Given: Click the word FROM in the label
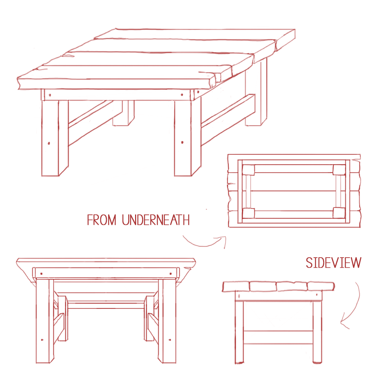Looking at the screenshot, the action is click(x=102, y=220).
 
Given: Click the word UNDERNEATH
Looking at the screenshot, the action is click(x=156, y=220).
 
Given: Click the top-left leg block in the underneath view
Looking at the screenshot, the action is click(x=249, y=170).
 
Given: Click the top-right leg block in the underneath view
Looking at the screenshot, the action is click(x=339, y=170).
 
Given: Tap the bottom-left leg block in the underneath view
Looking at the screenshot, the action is click(x=249, y=213).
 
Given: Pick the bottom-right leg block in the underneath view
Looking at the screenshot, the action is click(x=339, y=213).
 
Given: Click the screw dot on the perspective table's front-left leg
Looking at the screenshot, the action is click(x=49, y=143).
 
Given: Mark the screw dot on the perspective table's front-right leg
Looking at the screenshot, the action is click(x=182, y=142).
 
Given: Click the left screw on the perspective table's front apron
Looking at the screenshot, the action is click(x=50, y=95).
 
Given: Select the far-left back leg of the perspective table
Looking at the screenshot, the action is click(x=123, y=113).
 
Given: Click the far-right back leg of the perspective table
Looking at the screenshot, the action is click(x=256, y=94).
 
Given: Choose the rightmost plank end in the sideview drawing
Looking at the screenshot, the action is click(x=321, y=286).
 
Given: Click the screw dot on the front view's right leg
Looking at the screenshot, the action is click(x=170, y=340).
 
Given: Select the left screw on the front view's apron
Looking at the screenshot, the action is click(x=41, y=274).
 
